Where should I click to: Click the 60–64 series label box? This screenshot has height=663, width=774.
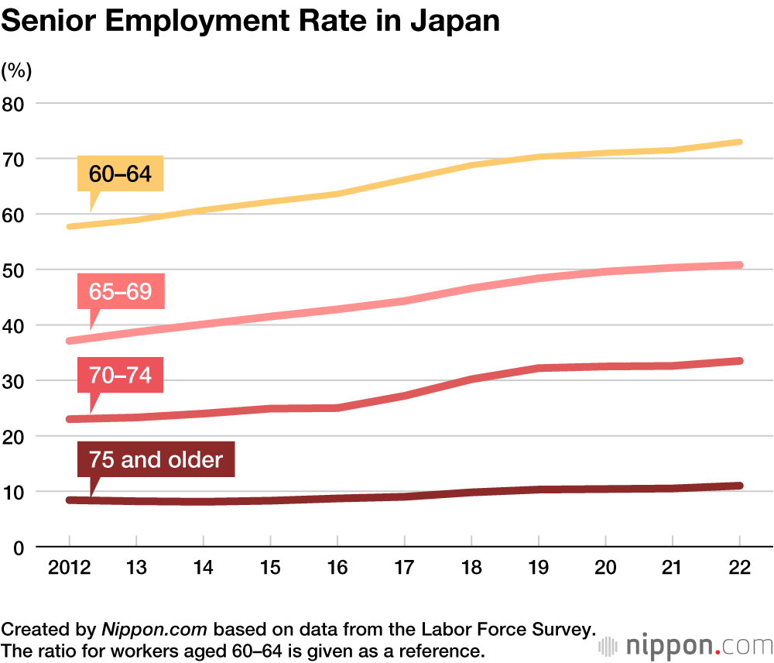tap(120, 173)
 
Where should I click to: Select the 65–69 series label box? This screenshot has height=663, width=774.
tap(120, 292)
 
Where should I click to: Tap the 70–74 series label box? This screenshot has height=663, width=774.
tap(120, 376)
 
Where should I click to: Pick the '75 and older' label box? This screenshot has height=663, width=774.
tap(156, 460)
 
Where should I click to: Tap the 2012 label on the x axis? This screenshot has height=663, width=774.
tap(70, 567)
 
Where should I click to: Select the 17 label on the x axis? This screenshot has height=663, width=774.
tap(405, 567)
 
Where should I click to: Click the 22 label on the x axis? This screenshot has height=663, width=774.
tap(740, 567)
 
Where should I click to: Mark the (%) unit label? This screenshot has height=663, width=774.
tap(16, 71)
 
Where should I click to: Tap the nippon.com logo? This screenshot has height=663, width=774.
tap(684, 645)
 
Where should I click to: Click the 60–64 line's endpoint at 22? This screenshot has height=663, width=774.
tap(740, 142)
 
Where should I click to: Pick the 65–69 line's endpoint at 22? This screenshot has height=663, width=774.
tap(740, 265)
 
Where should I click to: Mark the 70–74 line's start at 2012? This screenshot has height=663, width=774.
tap(70, 419)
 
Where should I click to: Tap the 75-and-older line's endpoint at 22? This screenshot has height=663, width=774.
tap(740, 486)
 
